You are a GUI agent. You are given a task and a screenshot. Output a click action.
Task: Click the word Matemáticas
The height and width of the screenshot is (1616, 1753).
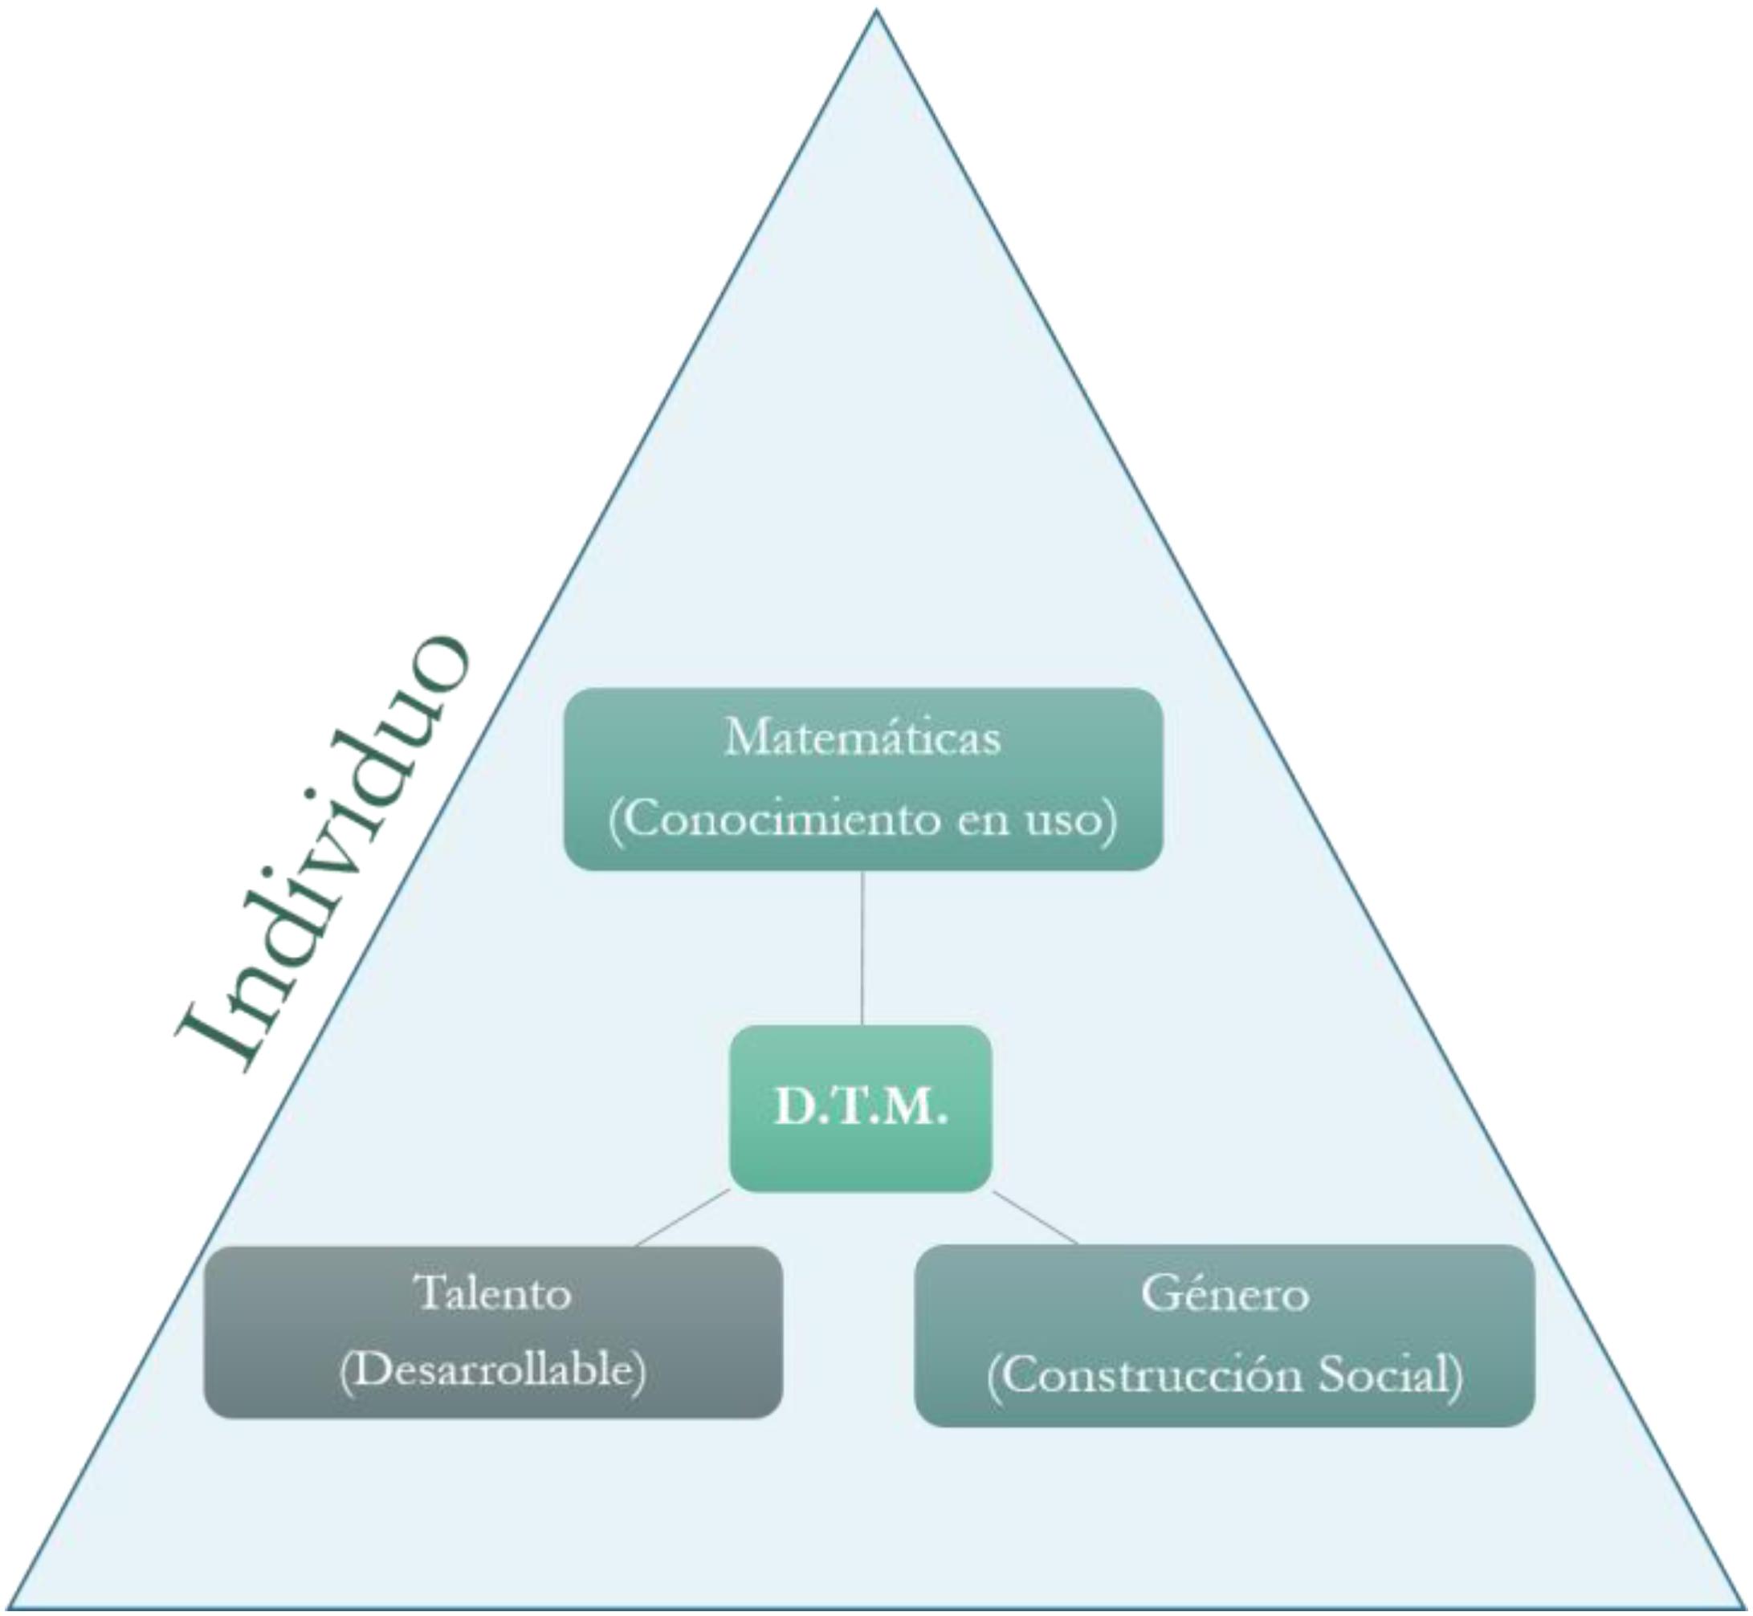coord(862,737)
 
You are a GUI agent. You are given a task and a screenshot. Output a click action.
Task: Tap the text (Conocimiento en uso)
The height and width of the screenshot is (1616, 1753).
coord(862,820)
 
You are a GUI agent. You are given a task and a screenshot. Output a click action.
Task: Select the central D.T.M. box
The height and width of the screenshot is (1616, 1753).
coord(861,1108)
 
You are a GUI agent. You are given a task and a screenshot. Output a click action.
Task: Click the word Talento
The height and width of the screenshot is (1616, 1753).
coord(494,1293)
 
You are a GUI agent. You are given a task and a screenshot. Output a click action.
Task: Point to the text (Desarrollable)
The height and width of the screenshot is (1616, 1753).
coord(493,1370)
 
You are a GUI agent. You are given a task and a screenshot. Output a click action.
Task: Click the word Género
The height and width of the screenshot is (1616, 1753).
coord(1225,1293)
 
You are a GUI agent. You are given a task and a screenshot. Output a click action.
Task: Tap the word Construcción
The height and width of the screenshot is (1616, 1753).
coord(1154,1374)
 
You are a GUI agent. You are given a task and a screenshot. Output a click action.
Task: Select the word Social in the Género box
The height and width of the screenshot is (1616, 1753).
coord(1389,1374)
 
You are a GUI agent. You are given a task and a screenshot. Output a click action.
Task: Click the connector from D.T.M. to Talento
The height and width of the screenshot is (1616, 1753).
coord(683,1217)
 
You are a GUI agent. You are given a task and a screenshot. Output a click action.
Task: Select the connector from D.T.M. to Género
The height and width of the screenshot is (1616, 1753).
coord(1036,1216)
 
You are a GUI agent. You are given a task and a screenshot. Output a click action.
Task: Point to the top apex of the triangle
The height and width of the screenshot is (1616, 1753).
coord(875,12)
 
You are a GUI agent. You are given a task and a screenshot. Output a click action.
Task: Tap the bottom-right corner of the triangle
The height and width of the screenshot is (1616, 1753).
coord(1744,1606)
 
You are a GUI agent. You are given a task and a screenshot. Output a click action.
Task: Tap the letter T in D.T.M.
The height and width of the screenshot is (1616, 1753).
coord(862,1108)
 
